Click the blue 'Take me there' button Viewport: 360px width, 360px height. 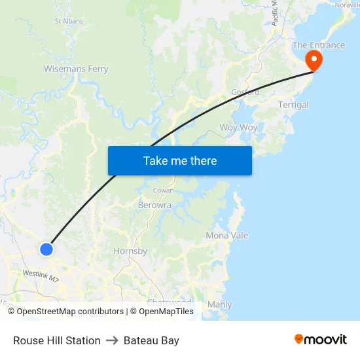[x=180, y=160]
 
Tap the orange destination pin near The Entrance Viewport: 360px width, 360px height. [x=314, y=61]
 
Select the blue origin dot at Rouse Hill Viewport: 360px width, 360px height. [x=46, y=249]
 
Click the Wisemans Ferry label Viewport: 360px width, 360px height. [x=76, y=69]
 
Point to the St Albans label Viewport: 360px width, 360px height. [x=69, y=21]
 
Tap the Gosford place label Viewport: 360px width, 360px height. [x=245, y=92]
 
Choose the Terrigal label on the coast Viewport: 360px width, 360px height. [x=293, y=105]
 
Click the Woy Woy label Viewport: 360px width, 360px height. [x=238, y=128]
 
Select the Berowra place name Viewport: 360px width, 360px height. [x=154, y=205]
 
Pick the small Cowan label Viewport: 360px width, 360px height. [x=163, y=190]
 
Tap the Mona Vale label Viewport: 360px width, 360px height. [x=226, y=236]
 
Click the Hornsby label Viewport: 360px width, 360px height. [x=130, y=251]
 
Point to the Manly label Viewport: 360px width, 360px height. [x=219, y=304]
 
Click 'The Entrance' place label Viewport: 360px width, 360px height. [x=318, y=45]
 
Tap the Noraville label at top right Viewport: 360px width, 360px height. [x=347, y=5]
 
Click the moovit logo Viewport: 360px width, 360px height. [x=321, y=340]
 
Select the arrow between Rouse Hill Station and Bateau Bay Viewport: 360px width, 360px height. [x=112, y=340]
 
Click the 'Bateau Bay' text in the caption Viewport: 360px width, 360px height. [x=151, y=340]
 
